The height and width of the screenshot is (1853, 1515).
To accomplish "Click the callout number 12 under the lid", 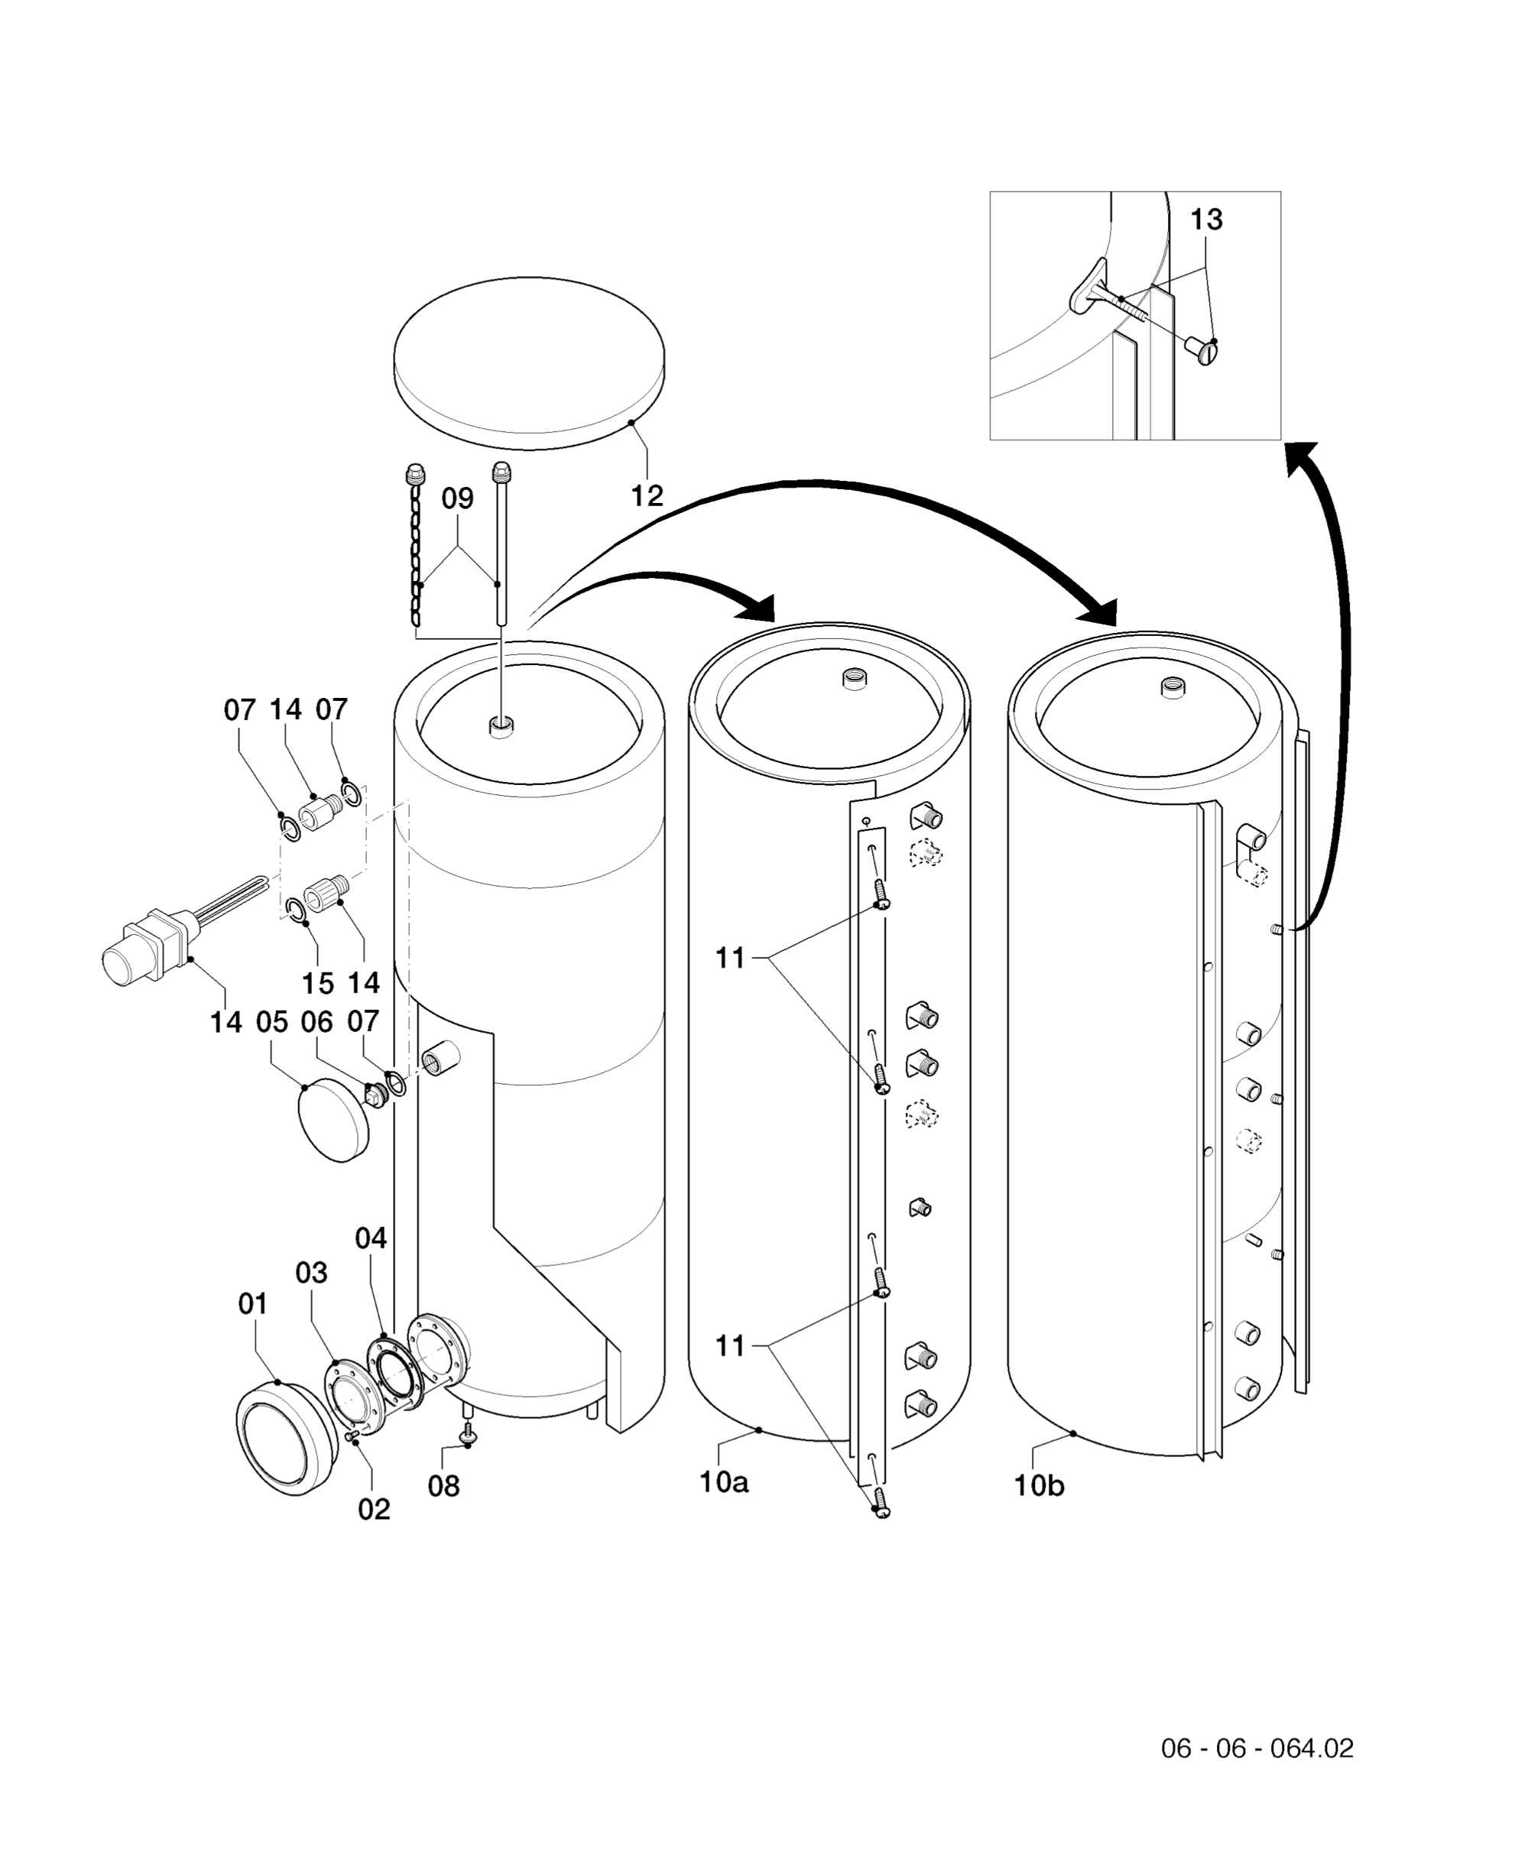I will tap(647, 496).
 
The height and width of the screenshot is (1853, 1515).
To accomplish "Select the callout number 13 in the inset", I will tap(1206, 220).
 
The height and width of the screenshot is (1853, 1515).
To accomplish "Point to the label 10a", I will tap(723, 1481).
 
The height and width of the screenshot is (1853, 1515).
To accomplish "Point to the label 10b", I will tap(1039, 1485).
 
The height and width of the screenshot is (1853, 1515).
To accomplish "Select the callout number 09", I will tap(457, 498).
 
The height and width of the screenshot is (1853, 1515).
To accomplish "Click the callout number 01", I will tap(253, 1304).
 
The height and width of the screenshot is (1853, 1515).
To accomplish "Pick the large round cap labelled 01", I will tap(286, 1439).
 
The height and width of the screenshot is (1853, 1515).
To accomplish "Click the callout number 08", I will tap(443, 1485).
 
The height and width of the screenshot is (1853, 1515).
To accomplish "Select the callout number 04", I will tap(371, 1238).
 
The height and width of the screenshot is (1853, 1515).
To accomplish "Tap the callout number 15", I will tap(318, 984).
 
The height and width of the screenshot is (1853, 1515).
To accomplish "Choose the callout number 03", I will tap(312, 1273).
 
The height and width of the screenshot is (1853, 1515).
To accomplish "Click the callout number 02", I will tap(374, 1509).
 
